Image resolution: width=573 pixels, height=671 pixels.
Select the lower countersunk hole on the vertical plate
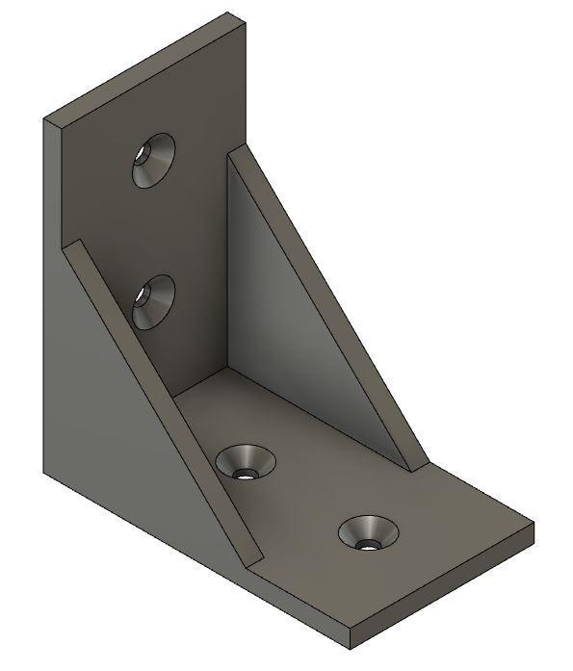152,301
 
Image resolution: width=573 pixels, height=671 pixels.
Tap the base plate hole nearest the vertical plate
246,462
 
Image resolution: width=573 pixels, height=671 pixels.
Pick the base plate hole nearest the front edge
366,532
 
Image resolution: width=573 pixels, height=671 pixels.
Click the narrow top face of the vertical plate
144,67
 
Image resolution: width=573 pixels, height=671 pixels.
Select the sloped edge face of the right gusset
327,308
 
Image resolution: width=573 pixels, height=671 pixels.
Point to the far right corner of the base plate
533,525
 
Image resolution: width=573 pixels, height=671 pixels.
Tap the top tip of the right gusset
231,150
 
